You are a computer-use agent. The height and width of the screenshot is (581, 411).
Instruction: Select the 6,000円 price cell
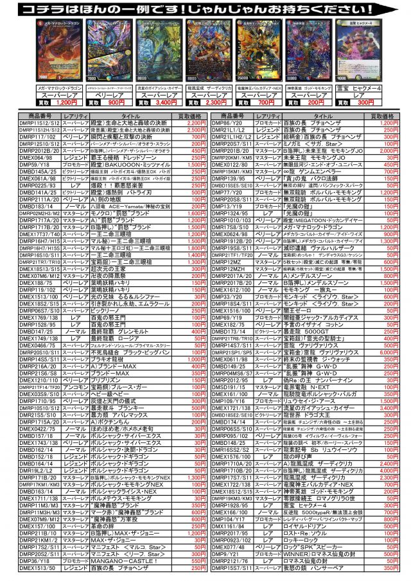(389, 352)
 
